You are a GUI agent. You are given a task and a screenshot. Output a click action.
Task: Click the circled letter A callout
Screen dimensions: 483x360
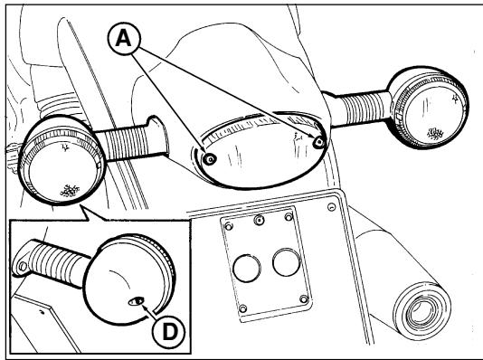(x=124, y=39)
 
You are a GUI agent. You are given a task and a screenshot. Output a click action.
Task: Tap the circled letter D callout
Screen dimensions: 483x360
(x=169, y=332)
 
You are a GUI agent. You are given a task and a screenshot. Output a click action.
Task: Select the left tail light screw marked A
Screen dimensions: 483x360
(x=210, y=159)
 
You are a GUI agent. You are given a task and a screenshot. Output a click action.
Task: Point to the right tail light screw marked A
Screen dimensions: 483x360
(x=318, y=142)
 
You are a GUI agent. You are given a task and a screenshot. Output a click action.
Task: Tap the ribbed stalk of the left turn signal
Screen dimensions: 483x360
(x=127, y=142)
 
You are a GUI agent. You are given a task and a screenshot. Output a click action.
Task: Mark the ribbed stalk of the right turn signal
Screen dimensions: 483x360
(x=364, y=109)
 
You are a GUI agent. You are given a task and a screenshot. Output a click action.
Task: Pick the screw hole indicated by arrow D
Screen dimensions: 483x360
(x=137, y=301)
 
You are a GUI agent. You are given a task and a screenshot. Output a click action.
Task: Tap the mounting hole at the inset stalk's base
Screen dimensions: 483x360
(x=23, y=266)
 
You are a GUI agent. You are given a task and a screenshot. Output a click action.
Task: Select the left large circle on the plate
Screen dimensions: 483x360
(x=247, y=269)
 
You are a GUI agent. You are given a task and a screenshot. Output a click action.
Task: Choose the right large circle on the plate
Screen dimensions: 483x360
(x=287, y=262)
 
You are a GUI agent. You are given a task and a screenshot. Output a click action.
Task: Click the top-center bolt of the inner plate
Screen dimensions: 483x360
(x=259, y=220)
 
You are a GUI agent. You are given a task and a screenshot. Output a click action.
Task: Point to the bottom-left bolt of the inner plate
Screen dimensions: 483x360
(x=242, y=308)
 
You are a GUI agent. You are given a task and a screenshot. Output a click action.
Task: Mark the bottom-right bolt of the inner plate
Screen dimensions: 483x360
(x=304, y=298)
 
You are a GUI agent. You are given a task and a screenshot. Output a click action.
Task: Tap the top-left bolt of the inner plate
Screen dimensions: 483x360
(x=229, y=227)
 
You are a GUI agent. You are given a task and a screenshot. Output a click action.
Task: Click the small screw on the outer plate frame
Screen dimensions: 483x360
(x=331, y=207)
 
